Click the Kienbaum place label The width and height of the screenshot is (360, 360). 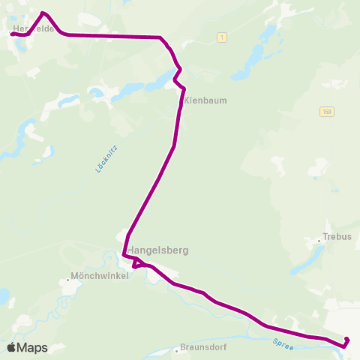205,100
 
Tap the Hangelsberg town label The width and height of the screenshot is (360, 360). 157,250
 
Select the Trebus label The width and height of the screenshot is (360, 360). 337,235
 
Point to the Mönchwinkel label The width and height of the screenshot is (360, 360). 99,275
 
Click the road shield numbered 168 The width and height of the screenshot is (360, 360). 326,111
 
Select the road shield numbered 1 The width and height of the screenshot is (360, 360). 222,37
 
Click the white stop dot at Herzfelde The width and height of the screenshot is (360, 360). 13,33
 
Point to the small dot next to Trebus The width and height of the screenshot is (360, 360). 319,240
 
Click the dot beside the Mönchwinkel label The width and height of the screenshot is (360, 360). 67,280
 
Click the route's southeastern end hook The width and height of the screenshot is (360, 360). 346,342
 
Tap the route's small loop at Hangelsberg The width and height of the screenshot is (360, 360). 136,263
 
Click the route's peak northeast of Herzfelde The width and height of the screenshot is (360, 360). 43,13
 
